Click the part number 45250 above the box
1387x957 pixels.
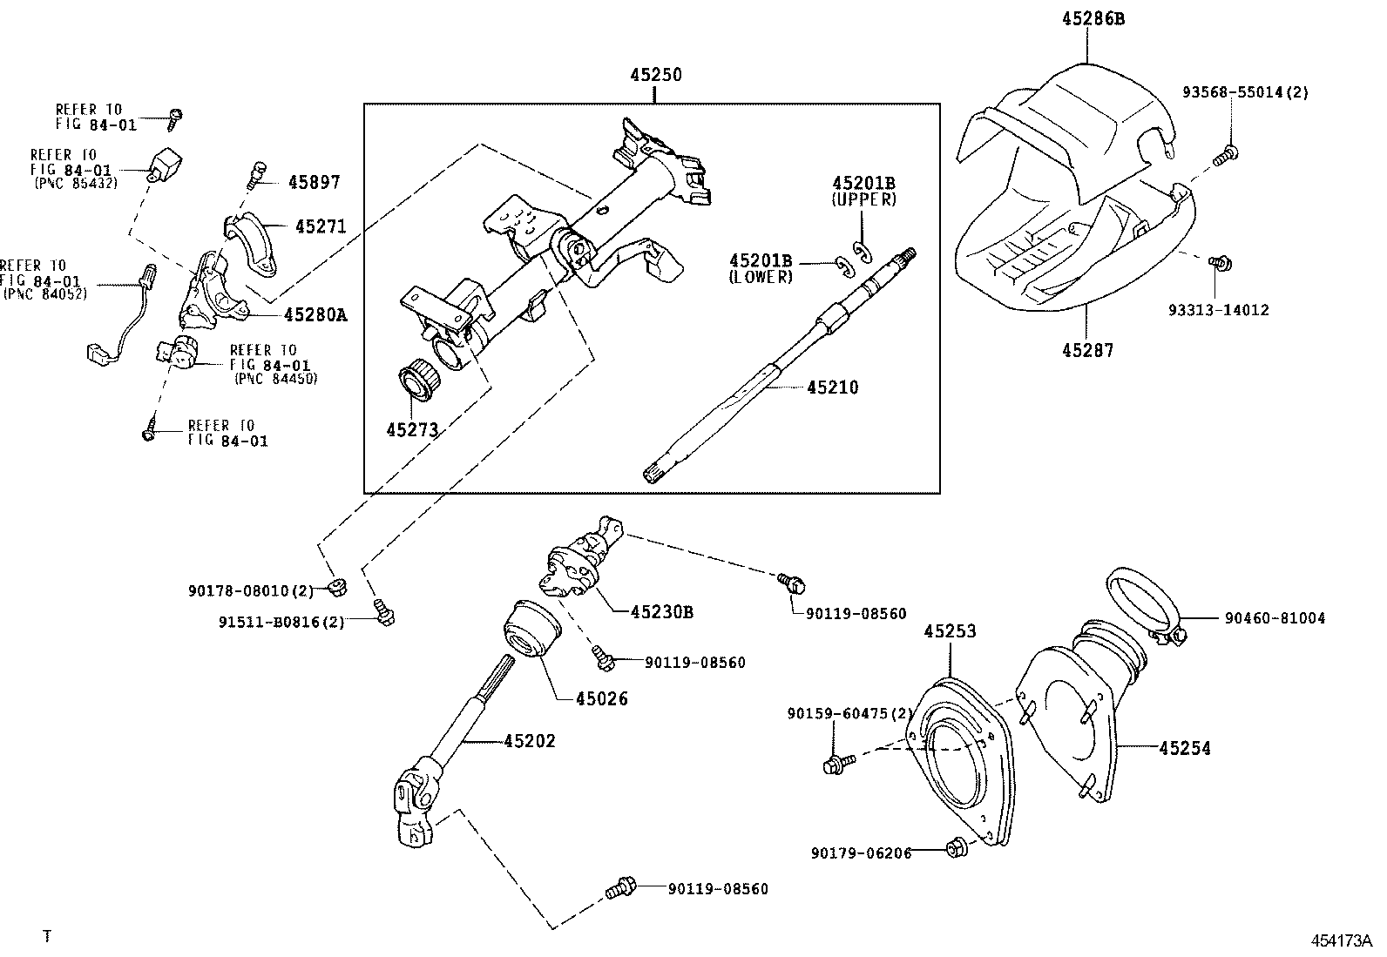tap(655, 76)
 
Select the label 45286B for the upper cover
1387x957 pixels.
tap(1093, 17)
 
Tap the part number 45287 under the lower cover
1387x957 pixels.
tap(1087, 350)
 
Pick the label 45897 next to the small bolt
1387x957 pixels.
tap(314, 183)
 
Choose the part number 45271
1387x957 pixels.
tap(320, 227)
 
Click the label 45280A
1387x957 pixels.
tap(315, 315)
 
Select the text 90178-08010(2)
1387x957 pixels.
tap(250, 590)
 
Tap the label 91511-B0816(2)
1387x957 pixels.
tap(281, 622)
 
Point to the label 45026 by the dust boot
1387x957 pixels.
tap(601, 698)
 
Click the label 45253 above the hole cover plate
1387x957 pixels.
tap(950, 631)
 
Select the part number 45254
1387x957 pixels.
tap(1184, 748)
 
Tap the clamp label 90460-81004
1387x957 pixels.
tap(1275, 618)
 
